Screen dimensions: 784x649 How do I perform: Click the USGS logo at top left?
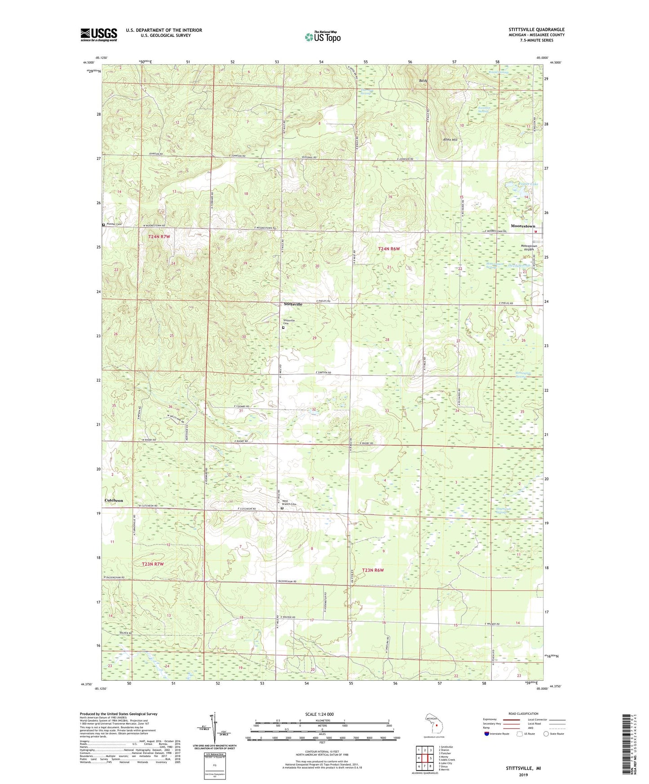[98, 35]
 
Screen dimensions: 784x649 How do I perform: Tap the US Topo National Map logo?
[322, 37]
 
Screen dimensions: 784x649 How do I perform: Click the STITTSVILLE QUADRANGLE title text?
[534, 30]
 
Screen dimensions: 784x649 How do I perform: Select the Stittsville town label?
[293, 304]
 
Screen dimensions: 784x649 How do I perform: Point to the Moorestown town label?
[523, 226]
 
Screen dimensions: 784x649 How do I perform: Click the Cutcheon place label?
[114, 500]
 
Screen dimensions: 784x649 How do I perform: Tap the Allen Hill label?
[450, 140]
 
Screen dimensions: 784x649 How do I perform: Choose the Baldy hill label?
[423, 81]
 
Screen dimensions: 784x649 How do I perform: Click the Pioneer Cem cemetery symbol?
[104, 225]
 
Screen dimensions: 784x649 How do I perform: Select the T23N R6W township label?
[373, 570]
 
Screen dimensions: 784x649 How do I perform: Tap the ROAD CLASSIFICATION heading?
[524, 714]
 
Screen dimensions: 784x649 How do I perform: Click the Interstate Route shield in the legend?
[487, 734]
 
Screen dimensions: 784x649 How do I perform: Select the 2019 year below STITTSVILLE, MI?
[523, 775]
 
